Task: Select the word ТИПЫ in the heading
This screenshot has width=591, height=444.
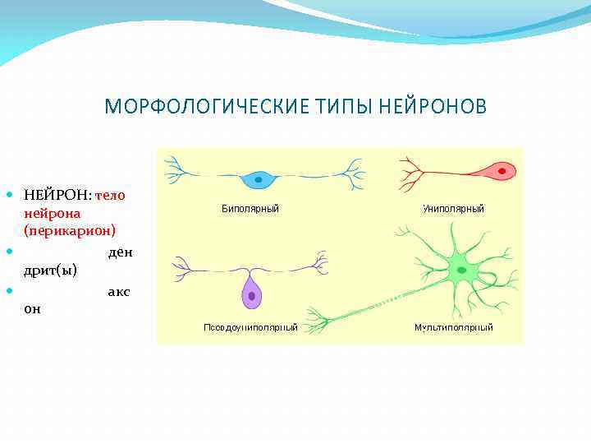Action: [x=332, y=108]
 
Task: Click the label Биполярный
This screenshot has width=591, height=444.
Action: [x=250, y=209]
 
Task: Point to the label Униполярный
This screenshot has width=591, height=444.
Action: [x=453, y=209]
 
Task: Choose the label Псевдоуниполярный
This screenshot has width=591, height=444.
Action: [x=250, y=327]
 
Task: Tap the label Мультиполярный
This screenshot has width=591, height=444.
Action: [x=453, y=327]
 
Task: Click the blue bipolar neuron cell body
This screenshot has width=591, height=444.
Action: [x=259, y=178]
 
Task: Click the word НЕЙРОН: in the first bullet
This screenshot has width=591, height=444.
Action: [x=57, y=196]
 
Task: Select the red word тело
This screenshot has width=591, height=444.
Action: [x=110, y=196]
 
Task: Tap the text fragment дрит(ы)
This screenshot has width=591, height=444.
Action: [x=51, y=269]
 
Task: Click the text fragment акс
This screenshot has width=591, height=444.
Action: [x=118, y=292]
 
